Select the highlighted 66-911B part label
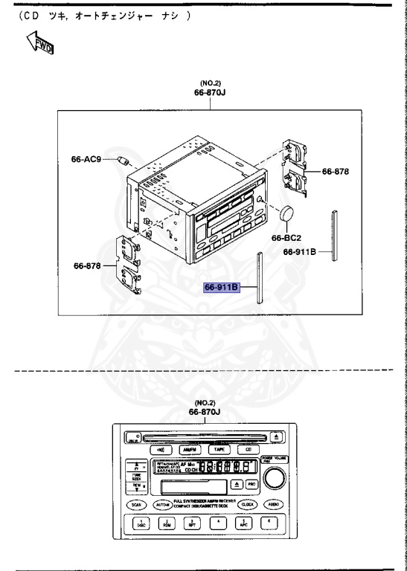[221, 287]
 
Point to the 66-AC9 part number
[86, 158]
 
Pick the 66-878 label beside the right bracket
[336, 171]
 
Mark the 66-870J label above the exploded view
[211, 94]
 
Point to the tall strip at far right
[336, 235]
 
